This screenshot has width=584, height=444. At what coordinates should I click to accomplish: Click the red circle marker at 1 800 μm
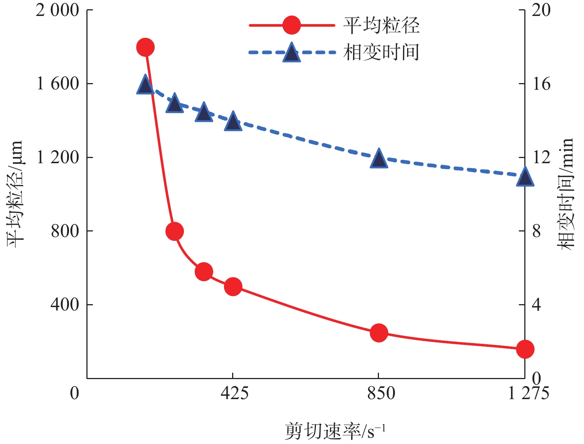[145, 47]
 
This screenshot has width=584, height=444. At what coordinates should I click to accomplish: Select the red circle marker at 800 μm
[175, 231]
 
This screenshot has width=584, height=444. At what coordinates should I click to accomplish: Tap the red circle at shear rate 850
[379, 333]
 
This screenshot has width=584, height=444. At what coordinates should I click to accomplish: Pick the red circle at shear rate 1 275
[525, 349]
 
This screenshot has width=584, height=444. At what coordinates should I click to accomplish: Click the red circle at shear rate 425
[233, 287]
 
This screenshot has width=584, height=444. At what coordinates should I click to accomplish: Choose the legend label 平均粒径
[381, 26]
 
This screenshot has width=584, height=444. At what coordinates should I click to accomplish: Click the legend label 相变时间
[381, 52]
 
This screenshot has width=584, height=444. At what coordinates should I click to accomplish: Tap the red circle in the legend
[291, 25]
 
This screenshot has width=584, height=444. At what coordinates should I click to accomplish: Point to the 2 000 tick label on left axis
[57, 10]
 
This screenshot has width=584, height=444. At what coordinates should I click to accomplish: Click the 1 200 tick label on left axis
[57, 158]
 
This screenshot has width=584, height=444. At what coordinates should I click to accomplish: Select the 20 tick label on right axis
[541, 10]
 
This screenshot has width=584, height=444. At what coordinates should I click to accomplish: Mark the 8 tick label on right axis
[536, 231]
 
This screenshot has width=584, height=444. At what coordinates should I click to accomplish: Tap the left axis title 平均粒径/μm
[15, 194]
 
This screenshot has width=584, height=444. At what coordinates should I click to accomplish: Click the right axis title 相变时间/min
[567, 194]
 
